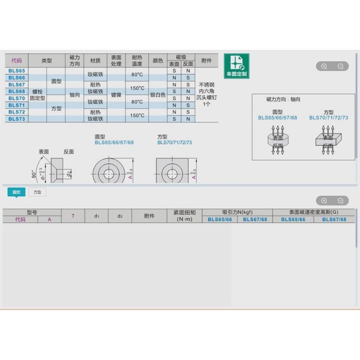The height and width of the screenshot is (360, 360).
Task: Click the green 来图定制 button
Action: pos(236,66)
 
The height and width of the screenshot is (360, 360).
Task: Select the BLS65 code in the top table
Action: pos(17,71)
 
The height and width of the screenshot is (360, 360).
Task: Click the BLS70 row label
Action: pos(17,98)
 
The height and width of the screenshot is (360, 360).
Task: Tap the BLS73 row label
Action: pos(17,119)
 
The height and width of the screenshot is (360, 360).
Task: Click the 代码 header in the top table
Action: pos(17,60)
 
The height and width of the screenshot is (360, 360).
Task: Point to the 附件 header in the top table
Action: pos(207,60)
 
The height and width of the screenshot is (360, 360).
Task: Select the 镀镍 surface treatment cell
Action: pos(116,95)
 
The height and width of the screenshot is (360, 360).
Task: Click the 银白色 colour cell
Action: pos(157,95)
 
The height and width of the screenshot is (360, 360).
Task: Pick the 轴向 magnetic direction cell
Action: pos(74,95)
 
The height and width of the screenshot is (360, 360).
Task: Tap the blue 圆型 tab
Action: pos(17,192)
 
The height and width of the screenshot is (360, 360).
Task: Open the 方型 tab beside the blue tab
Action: pos(37,192)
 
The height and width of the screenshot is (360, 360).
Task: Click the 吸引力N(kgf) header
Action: pos(238,212)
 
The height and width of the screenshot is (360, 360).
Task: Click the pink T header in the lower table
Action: pos(73,216)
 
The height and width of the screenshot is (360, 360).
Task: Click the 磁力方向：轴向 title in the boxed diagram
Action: pos(283,99)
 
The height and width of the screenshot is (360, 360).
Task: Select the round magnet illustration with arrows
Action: pos(278,140)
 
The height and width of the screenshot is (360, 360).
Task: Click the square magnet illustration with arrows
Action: pos(328,140)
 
